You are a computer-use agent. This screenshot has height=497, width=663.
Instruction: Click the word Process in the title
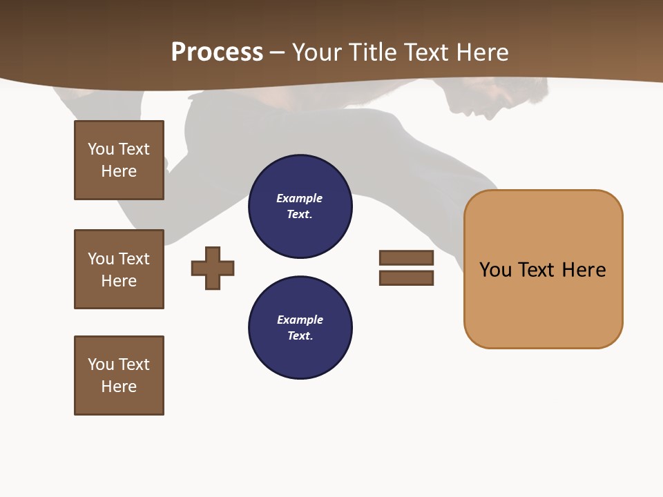[x=217, y=52]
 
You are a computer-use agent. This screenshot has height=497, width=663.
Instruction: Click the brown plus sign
[x=213, y=268]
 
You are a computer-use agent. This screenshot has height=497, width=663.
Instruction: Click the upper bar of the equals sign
[x=406, y=257]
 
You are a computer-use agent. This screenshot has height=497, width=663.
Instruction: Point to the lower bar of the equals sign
[x=406, y=277]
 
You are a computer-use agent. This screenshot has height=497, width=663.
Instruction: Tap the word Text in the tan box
[x=537, y=269]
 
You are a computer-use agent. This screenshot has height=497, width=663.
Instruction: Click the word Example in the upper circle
[x=299, y=198]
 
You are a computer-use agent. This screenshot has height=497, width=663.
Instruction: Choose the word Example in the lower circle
[x=300, y=320]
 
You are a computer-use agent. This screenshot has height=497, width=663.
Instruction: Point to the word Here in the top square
[x=119, y=171]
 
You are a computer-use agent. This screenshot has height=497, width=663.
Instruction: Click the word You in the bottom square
[x=101, y=364]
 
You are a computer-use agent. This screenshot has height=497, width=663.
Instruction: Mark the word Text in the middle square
[x=134, y=259]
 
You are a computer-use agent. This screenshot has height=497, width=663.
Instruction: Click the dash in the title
[x=277, y=52]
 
